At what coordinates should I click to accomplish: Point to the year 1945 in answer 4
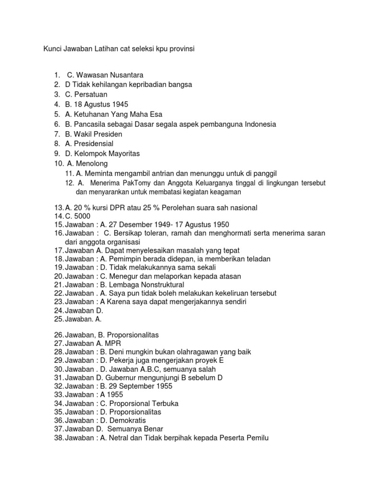120,104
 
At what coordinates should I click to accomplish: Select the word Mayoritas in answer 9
123,154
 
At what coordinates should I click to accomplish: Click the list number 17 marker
59,250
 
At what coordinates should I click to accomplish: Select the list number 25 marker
59,319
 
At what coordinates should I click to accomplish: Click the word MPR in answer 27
115,344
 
